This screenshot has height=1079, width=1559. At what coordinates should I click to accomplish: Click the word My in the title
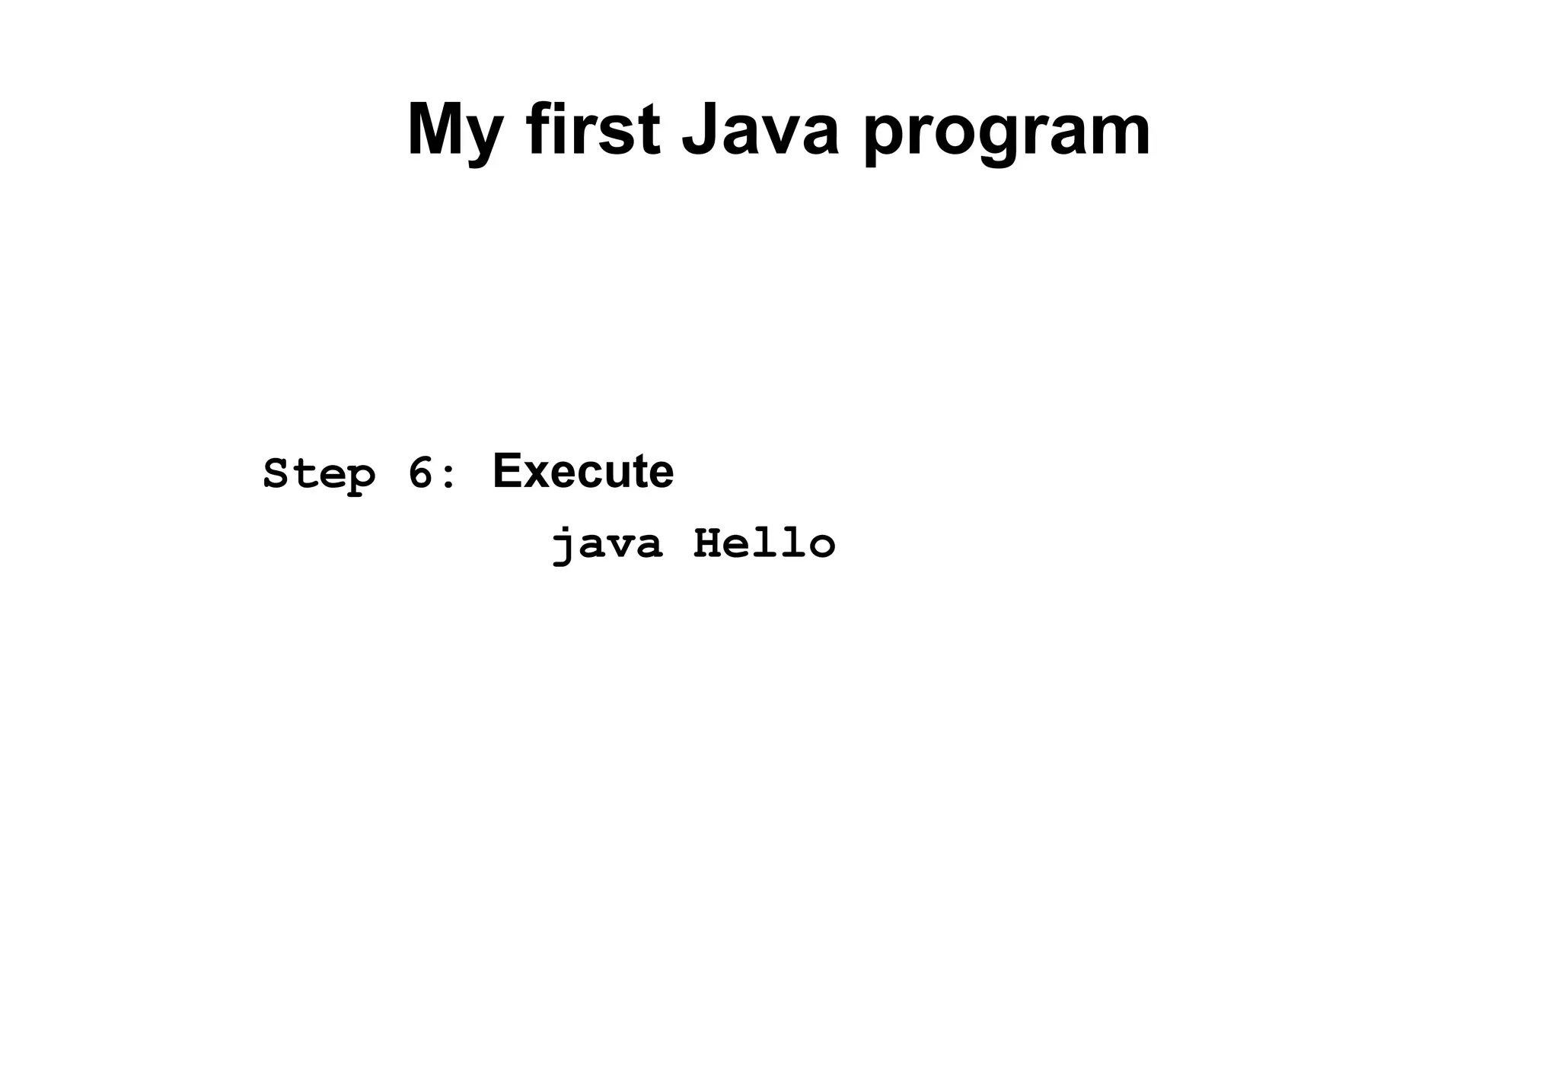[454, 131]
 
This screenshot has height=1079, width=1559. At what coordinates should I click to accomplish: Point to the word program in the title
[1006, 133]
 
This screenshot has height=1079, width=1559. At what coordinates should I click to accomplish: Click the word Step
[319, 475]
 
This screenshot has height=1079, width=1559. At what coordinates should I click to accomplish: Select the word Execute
[583, 471]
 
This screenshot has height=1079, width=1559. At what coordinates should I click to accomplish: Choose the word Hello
[764, 544]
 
